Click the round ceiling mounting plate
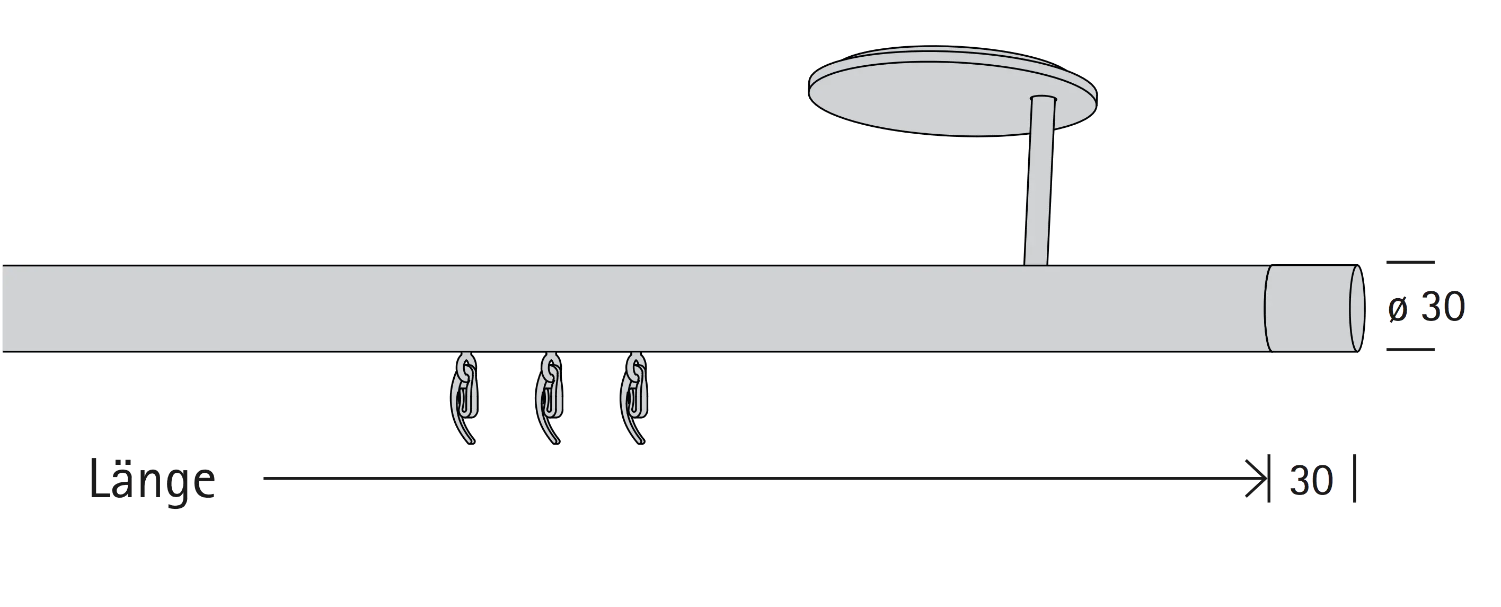(952, 91)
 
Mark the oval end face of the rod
(1357, 308)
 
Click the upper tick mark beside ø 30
(1410, 263)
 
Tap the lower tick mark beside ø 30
(1410, 349)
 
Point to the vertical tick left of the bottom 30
(1269, 479)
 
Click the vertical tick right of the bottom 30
(1355, 479)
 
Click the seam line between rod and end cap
(1267, 308)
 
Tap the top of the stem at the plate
(1043, 98)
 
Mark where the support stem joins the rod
(1036, 265)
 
